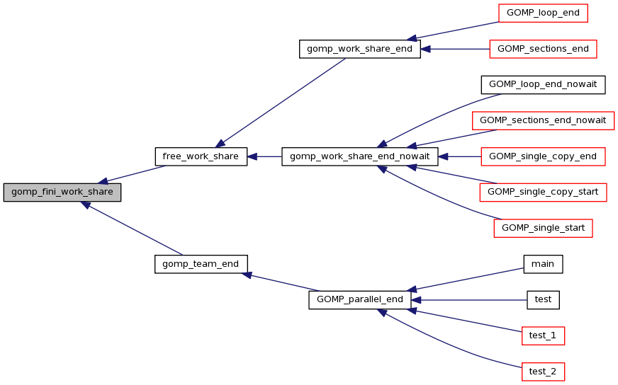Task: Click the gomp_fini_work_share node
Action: [x=62, y=192]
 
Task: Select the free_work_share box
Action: [x=201, y=156]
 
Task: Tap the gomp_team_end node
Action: [x=201, y=264]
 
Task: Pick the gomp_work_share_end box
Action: [x=360, y=49]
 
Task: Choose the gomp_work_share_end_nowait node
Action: [x=360, y=156]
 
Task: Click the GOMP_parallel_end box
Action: [x=359, y=299]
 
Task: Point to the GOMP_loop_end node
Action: [x=543, y=13]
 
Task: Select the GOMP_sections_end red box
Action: [x=543, y=49]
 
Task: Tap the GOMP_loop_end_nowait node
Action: [x=543, y=84]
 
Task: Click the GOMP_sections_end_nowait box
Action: [x=543, y=120]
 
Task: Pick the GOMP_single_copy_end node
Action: [x=543, y=156]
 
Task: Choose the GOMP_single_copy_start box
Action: [x=543, y=192]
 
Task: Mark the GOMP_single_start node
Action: [x=543, y=228]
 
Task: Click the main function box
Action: [x=543, y=264]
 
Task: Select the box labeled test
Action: [x=543, y=299]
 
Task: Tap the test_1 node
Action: [x=543, y=335]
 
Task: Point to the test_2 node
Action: [x=543, y=371]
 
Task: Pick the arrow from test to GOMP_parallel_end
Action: [x=468, y=299]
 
